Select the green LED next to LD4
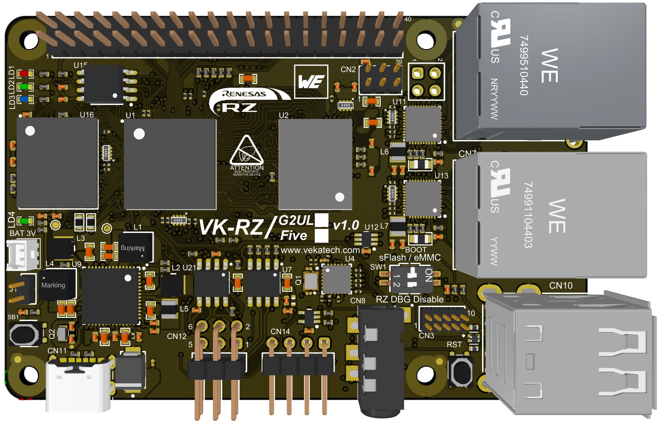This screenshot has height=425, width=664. [x=24, y=220]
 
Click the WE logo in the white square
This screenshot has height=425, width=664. [x=311, y=81]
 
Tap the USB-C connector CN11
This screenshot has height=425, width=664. [x=78, y=385]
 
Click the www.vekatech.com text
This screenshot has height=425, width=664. [x=320, y=250]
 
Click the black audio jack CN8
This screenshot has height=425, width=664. [x=380, y=363]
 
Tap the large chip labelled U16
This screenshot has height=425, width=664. [x=58, y=163]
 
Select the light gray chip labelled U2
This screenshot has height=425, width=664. [x=316, y=164]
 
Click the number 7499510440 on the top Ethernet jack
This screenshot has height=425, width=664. [x=524, y=65]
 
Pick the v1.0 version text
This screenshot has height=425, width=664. [x=346, y=225]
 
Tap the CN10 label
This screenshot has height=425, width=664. [x=560, y=286]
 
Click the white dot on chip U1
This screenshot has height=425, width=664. [x=139, y=134]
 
